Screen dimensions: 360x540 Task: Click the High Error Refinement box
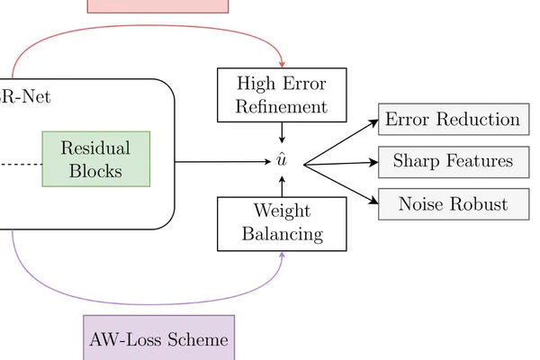[282, 94]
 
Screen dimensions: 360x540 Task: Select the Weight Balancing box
[282, 223]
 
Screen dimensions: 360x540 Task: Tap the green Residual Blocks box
[95, 158]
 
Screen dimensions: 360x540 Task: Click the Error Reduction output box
[453, 120]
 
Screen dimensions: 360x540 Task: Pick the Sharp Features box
[453, 162]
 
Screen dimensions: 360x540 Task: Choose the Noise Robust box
[453, 203]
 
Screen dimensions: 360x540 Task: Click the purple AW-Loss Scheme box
[158, 340]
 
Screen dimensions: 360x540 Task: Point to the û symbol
[282, 162]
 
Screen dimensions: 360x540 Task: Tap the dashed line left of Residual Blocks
[20, 164]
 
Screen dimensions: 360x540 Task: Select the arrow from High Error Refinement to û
[282, 132]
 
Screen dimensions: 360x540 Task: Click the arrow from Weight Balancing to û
[282, 185]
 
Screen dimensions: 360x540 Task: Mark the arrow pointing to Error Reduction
[342, 142]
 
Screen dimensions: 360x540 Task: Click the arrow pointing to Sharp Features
[342, 163]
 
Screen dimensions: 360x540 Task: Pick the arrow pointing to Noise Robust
[342, 184]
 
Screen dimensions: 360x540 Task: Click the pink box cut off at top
[158, 5]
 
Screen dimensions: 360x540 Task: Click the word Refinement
[282, 106]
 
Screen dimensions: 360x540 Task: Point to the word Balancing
[282, 235]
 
